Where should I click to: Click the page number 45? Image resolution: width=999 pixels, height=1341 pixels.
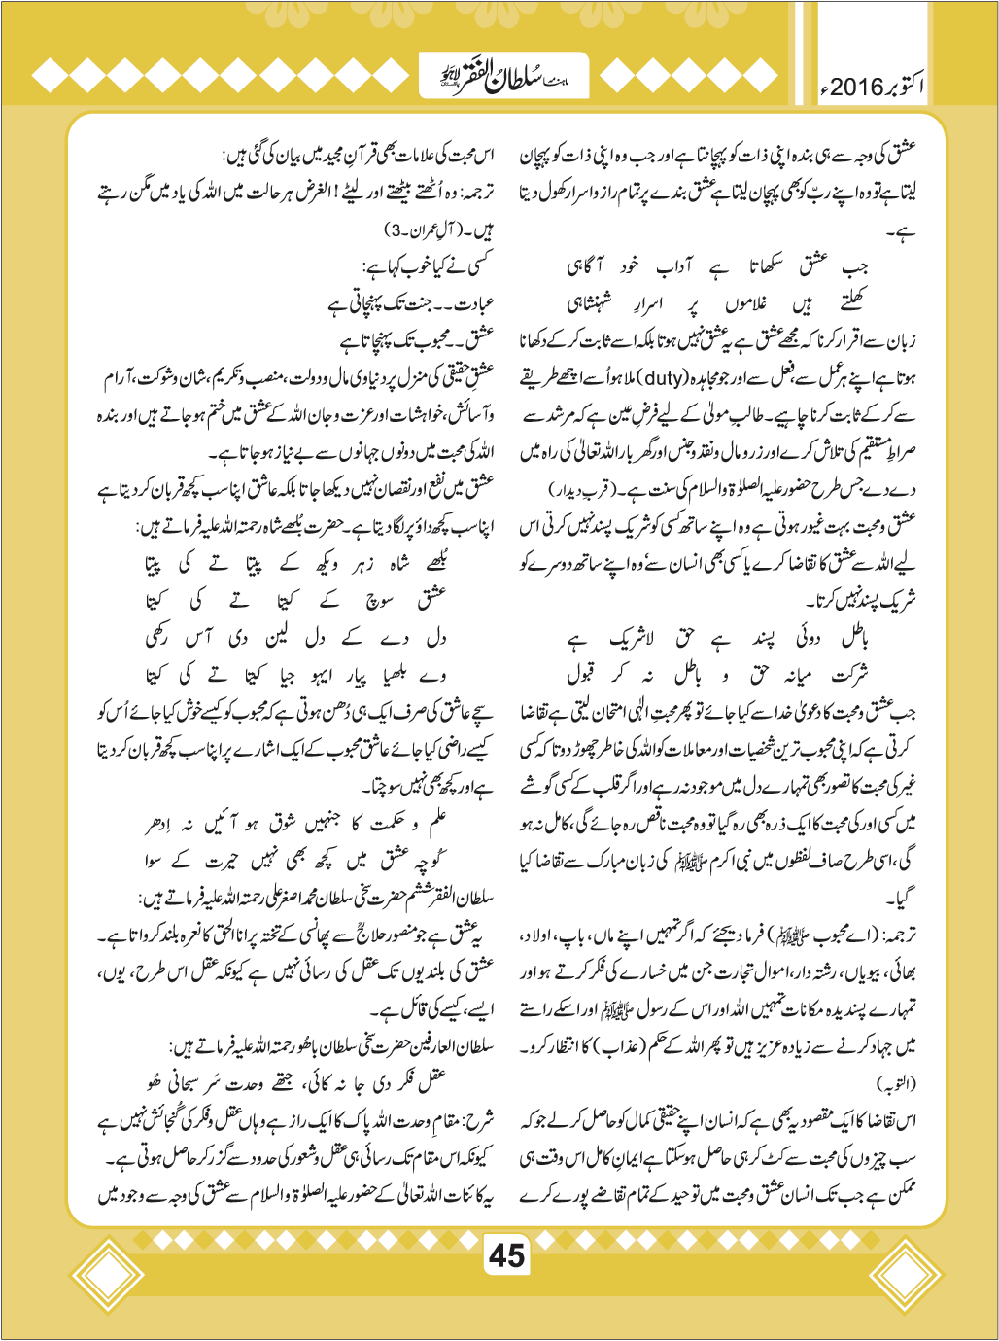506,1255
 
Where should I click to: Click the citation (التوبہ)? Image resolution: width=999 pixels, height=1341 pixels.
896,1082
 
